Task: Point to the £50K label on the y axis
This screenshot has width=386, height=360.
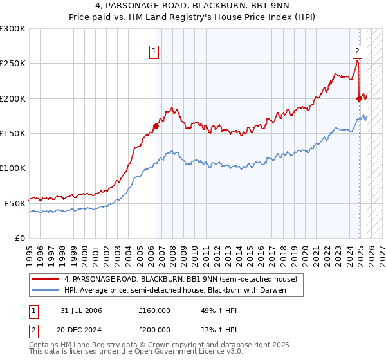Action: pyautogui.click(x=15, y=203)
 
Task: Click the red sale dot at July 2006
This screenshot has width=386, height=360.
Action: pyautogui.click(x=156, y=126)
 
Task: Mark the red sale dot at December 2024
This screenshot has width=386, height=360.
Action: pyautogui.click(x=359, y=98)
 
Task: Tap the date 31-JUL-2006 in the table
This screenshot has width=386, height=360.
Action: pyautogui.click(x=81, y=310)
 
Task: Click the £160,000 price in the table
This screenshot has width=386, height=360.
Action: pyautogui.click(x=154, y=310)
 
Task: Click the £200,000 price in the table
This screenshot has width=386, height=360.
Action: pyautogui.click(x=154, y=330)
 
